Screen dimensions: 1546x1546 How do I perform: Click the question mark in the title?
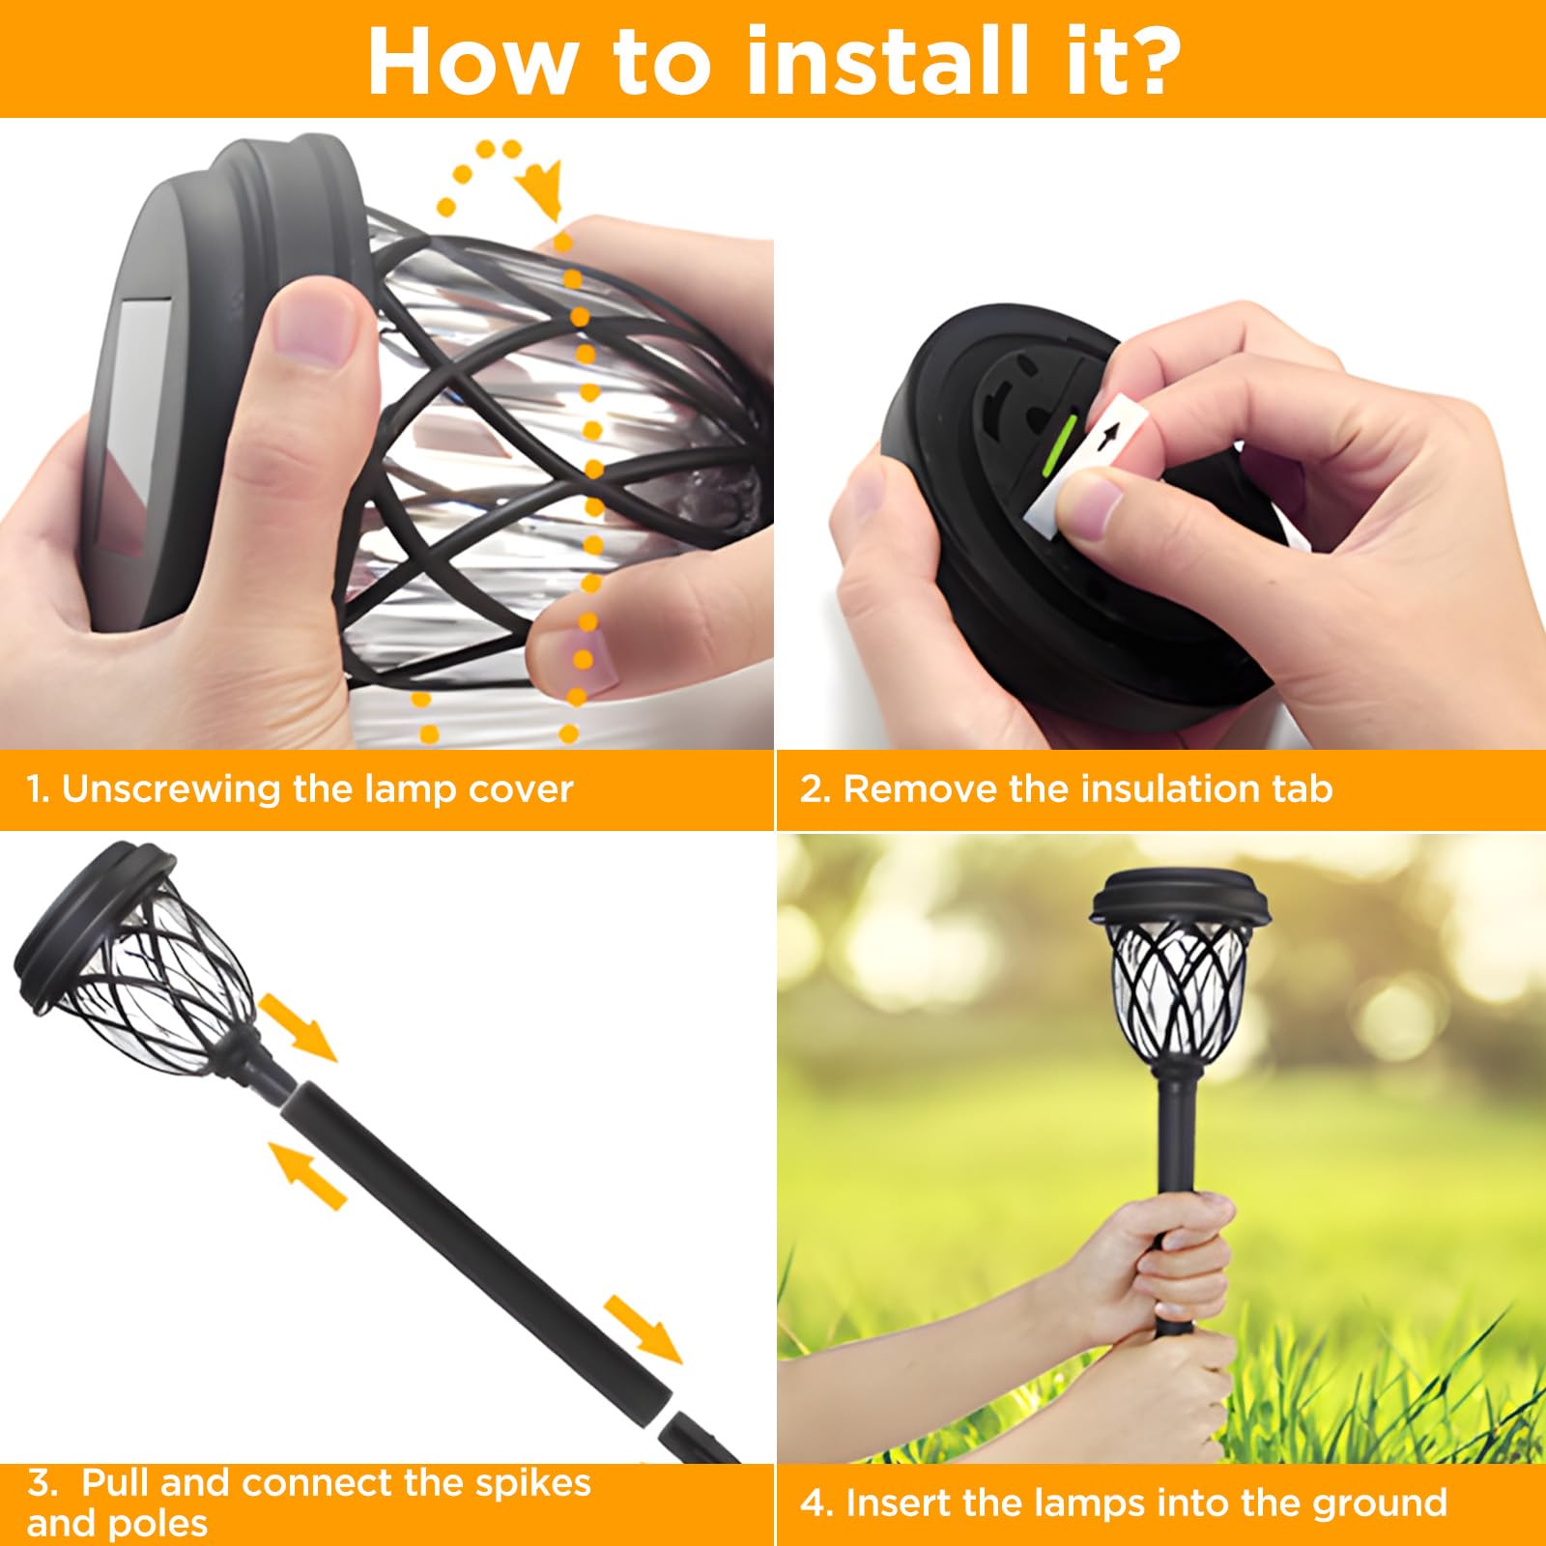[x=1144, y=60]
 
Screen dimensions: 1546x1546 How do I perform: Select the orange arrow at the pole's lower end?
[x=643, y=1330]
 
